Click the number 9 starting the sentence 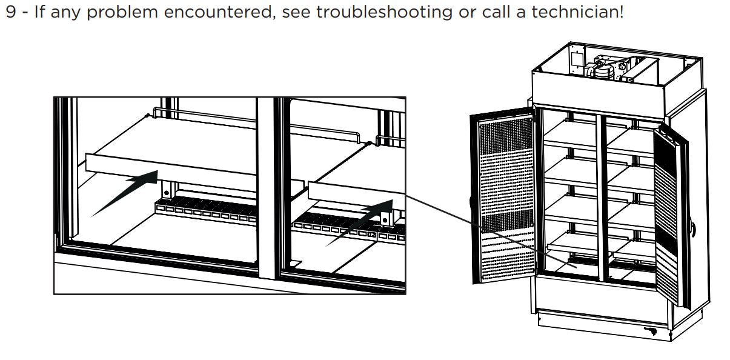pyautogui.click(x=10, y=12)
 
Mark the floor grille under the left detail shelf pyautogui.click(x=200, y=213)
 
